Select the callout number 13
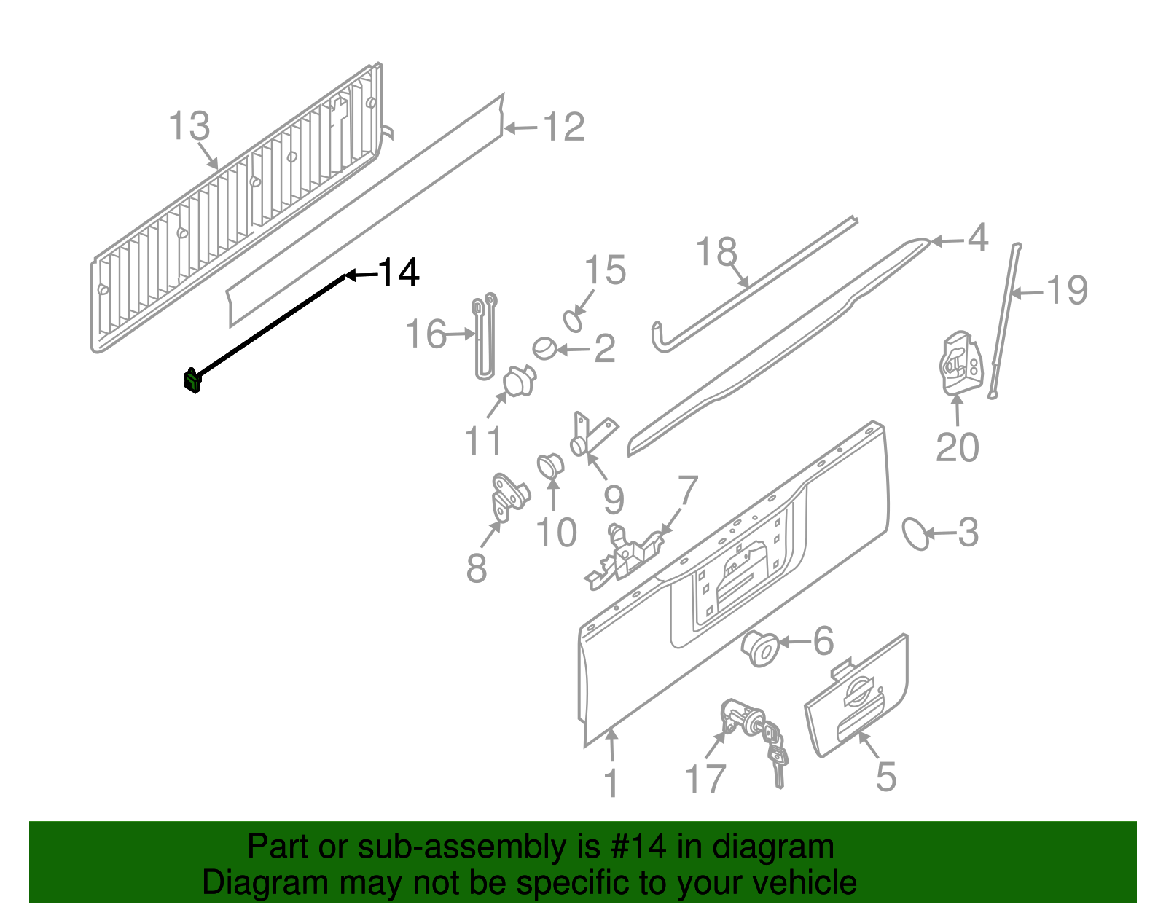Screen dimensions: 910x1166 pyautogui.click(x=189, y=126)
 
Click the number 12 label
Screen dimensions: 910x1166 pyautogui.click(x=563, y=128)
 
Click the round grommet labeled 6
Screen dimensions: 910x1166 pyautogui.click(x=759, y=648)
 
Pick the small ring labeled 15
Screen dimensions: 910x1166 pyautogui.click(x=574, y=321)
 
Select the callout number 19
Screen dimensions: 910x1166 pyautogui.click(x=1067, y=290)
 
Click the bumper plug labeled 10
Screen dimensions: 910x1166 pyautogui.click(x=549, y=466)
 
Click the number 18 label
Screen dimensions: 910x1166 pyautogui.click(x=716, y=251)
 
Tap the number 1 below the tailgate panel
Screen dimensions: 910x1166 pyautogui.click(x=611, y=783)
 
